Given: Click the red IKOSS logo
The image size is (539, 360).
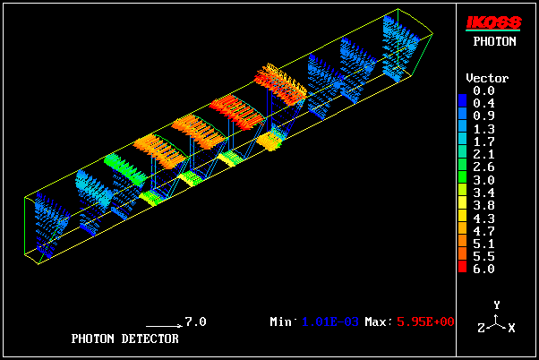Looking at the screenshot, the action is point(493,23).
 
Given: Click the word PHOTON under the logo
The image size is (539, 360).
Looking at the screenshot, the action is point(494,41).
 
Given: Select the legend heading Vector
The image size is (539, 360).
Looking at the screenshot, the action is point(487,78).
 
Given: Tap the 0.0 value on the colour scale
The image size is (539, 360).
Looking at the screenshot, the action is point(483,90).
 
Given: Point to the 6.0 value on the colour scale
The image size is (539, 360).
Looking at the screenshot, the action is point(483,269).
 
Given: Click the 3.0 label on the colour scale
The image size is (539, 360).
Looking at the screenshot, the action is point(483,180).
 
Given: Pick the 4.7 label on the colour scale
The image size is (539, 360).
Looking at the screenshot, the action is point(483,231).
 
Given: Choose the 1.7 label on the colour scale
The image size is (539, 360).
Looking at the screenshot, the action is point(483,141).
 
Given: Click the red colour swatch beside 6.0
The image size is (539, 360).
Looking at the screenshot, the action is point(462,267).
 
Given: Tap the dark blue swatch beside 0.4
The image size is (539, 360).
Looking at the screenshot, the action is point(462,100).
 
